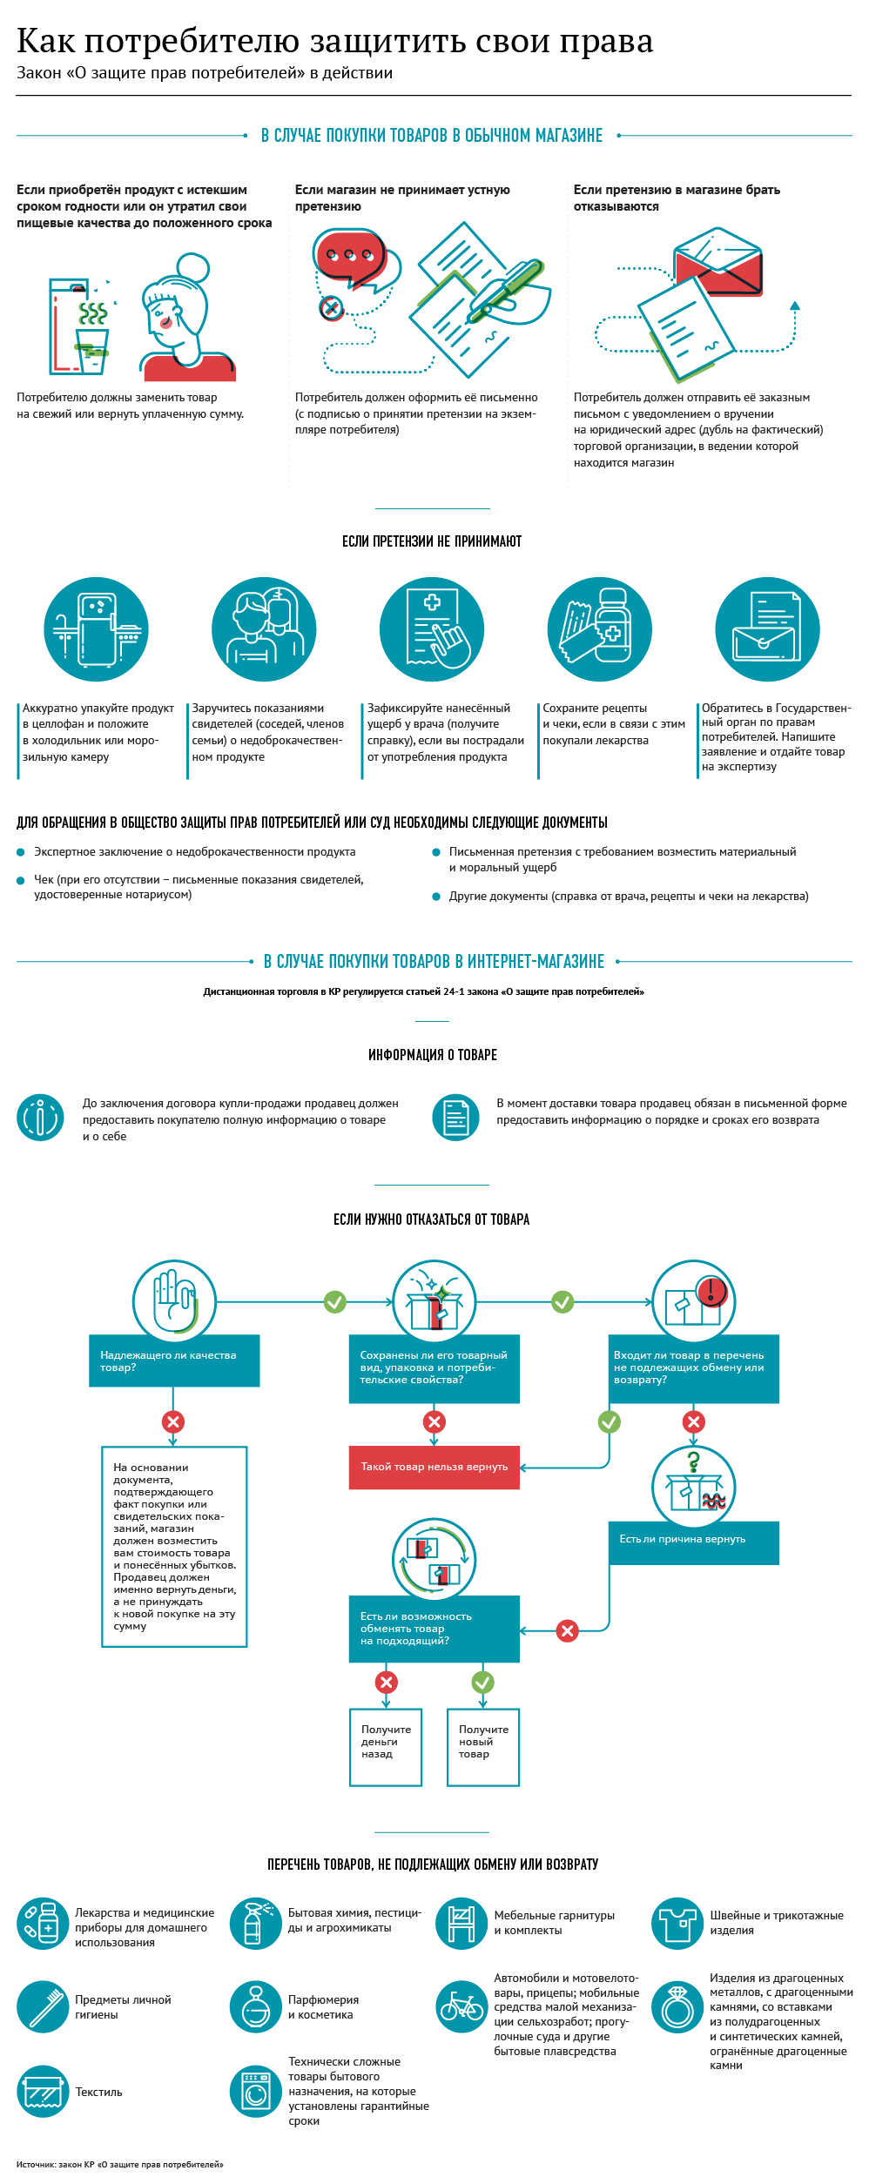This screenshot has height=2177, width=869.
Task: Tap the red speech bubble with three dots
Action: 348,254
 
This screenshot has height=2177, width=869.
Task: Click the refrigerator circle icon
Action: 96,628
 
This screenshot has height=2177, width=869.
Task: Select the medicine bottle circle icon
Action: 599,628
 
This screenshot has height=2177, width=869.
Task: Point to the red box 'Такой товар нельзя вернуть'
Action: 434,1467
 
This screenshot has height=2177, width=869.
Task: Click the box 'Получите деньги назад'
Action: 386,1747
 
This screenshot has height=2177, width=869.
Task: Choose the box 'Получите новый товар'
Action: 482,1747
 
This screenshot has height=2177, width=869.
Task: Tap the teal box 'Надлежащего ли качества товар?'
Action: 174,1361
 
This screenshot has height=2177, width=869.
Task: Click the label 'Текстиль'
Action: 98,2092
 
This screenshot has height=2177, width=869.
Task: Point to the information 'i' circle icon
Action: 40,1117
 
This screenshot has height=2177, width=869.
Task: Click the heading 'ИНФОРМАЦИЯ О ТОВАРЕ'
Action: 433,1055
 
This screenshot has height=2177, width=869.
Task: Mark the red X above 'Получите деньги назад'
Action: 386,1682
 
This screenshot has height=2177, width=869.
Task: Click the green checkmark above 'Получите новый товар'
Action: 482,1682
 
